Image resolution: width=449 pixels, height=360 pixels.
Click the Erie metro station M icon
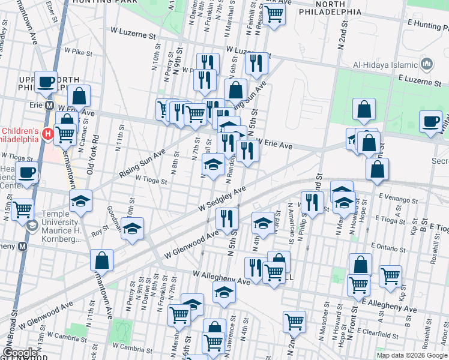[51, 106]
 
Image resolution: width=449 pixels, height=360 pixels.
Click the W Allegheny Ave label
[221, 277]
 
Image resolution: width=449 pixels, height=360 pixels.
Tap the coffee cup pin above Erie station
[46, 83]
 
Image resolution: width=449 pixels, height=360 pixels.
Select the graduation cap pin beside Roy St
[132, 229]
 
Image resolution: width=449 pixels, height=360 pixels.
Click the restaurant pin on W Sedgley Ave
[227, 218]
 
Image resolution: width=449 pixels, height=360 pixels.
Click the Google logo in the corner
[20, 353]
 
